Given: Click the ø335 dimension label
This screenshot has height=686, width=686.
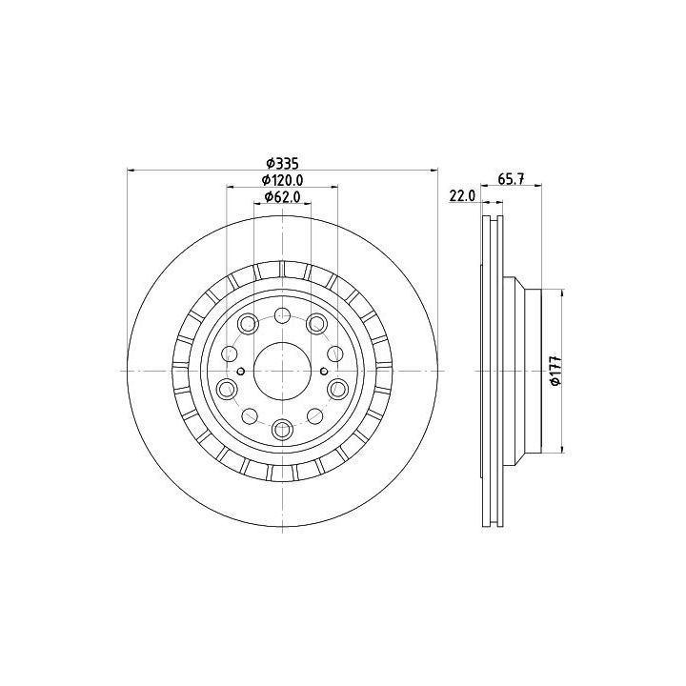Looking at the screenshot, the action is coord(282,164).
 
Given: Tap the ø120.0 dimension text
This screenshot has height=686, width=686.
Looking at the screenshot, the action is coord(282,180).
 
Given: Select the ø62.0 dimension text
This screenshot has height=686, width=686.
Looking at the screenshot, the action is coord(283,197).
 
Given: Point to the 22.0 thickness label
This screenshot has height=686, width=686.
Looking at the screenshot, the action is coord(462,196).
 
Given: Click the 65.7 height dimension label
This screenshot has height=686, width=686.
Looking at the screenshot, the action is coord(512,178).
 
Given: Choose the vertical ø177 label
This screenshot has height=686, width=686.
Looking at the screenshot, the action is coord(555,370).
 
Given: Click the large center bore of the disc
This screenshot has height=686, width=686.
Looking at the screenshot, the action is coord(283,371).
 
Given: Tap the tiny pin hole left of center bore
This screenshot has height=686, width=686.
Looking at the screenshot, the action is coord(241,372).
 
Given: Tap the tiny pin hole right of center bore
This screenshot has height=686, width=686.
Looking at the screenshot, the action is coord(324,372).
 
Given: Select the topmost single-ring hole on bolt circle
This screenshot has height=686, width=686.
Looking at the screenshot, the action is coord(283,315).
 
